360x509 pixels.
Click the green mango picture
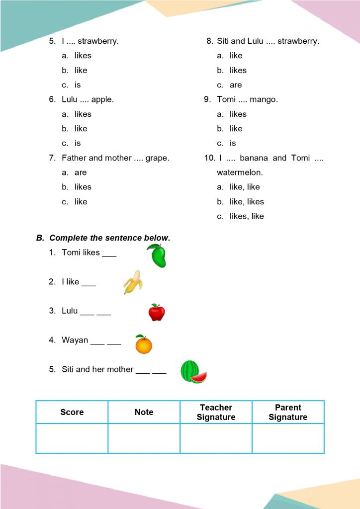[x=157, y=256]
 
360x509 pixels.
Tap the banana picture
[x=133, y=282]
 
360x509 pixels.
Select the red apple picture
[x=157, y=312]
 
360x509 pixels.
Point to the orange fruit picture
[x=144, y=344]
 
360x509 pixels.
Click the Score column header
[x=72, y=412]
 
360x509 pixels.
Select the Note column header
[x=144, y=412]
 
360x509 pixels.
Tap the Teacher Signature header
[x=216, y=412]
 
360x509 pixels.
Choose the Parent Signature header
[x=288, y=412]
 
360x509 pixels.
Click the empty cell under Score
[x=72, y=438]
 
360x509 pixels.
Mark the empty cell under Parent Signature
[x=288, y=438]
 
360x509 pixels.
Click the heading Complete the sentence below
[x=109, y=238]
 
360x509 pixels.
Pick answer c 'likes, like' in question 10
[x=247, y=216]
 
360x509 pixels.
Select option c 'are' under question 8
[x=236, y=85]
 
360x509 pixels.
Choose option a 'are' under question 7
[x=81, y=172]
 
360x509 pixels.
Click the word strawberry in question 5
[x=98, y=41]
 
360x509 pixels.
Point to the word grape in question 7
[x=158, y=158]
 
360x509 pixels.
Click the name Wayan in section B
[x=75, y=340]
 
